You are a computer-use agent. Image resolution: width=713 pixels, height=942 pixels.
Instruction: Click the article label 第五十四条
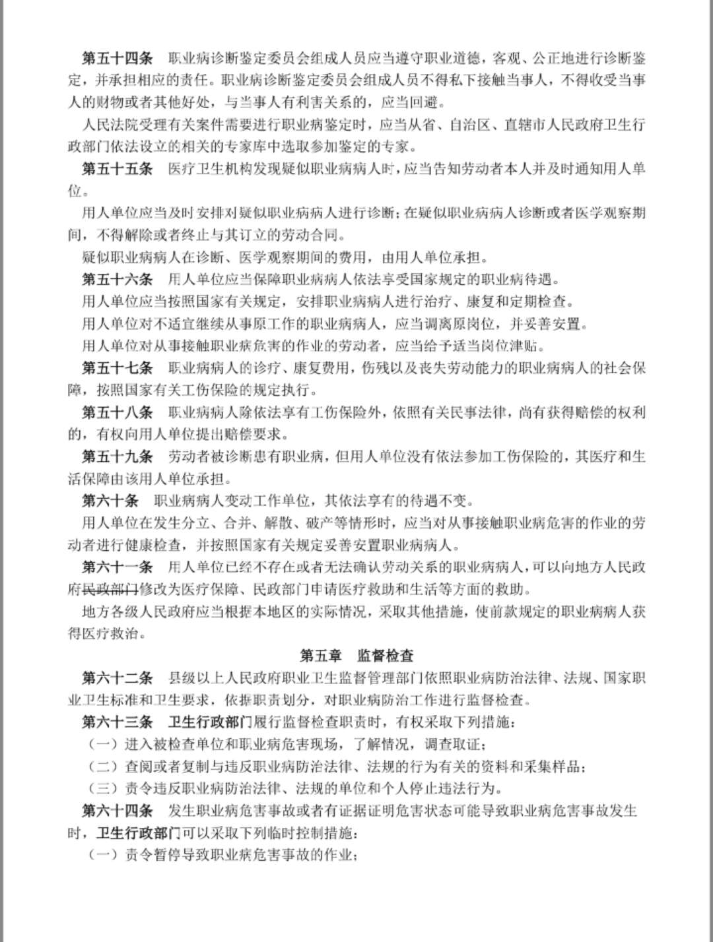(117, 57)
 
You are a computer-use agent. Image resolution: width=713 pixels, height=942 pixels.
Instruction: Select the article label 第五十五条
(117, 168)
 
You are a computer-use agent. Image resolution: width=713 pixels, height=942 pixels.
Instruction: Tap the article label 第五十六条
(117, 279)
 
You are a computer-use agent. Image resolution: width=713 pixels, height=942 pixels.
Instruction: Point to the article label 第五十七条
(117, 367)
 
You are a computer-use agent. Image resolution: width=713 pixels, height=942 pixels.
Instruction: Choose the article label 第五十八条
(117, 412)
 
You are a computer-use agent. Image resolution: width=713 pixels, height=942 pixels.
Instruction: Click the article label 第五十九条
(117, 456)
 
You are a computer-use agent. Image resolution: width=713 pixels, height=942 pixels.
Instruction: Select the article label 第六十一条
(117, 567)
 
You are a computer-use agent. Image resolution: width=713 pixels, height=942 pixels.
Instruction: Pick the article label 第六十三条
(117, 722)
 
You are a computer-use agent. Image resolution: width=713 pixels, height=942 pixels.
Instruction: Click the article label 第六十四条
(117, 810)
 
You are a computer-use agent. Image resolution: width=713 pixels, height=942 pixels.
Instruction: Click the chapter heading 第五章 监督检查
(356, 656)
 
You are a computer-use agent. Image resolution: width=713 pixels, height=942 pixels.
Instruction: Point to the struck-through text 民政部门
(110, 589)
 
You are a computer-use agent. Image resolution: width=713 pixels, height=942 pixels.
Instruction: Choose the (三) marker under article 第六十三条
(102, 788)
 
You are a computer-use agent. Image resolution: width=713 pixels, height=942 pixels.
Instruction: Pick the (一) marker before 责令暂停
(102, 855)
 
